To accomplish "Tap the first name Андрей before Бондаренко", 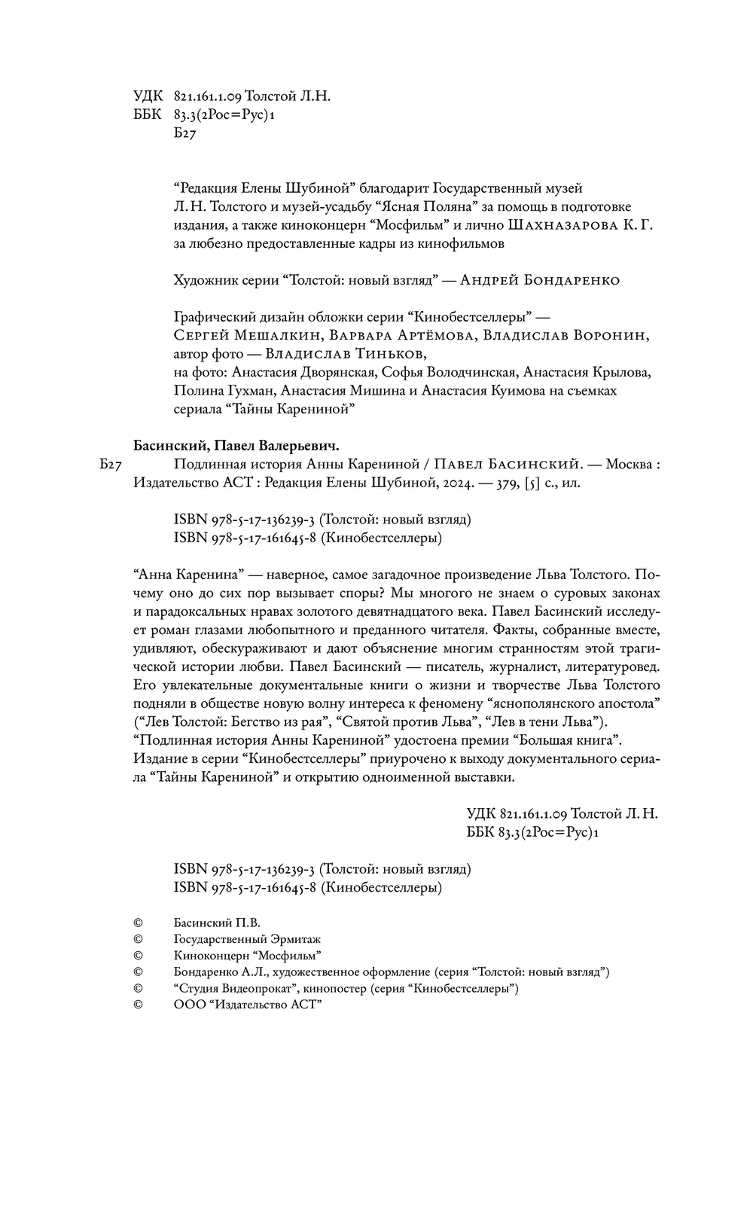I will click(488, 280).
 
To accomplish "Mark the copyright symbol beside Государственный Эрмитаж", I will click(138, 939).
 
